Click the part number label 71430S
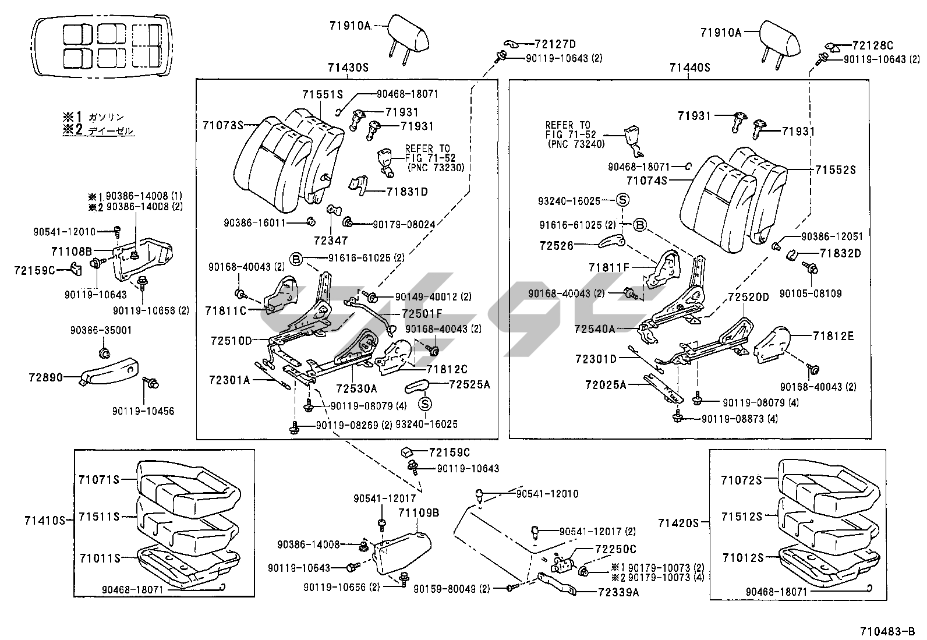pyautogui.click(x=348, y=68)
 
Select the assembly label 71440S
pyautogui.click(x=689, y=68)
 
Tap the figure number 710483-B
pyautogui.click(x=887, y=631)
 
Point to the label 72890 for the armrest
pyautogui.click(x=45, y=377)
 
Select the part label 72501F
pyautogui.click(x=422, y=314)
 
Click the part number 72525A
pyautogui.click(x=469, y=384)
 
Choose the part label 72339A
pyautogui.click(x=617, y=592)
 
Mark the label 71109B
pyautogui.click(x=419, y=513)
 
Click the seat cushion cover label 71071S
pyautogui.click(x=98, y=479)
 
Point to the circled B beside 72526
pyautogui.click(x=640, y=225)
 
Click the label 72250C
pyautogui.click(x=615, y=549)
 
